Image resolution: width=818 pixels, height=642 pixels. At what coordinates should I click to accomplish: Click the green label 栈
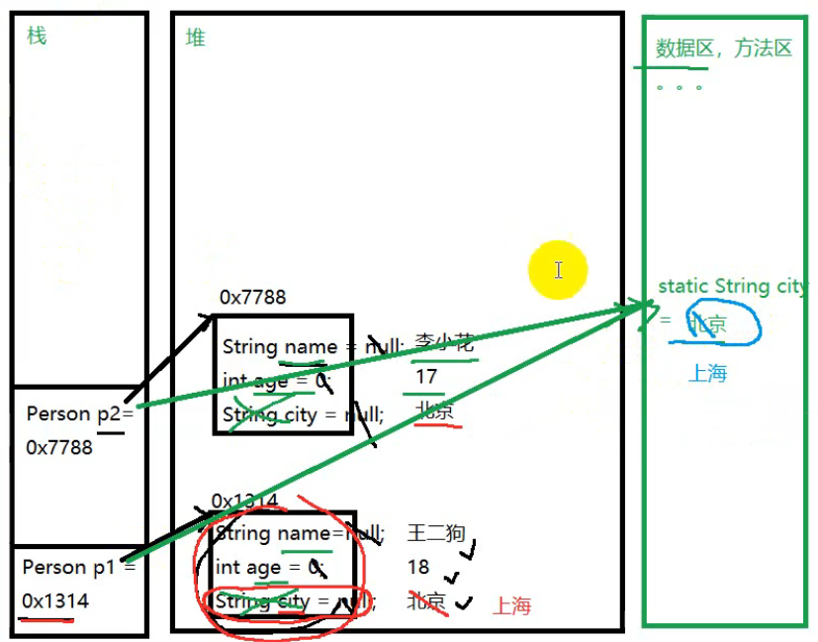tap(37, 38)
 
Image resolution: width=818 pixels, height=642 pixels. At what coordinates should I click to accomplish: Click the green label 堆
tap(196, 39)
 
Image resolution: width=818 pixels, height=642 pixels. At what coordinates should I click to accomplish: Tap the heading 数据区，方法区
tap(723, 48)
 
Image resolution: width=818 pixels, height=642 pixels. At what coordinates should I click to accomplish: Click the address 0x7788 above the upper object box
tap(252, 297)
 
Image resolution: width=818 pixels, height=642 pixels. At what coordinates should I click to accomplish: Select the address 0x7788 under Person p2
tap(59, 447)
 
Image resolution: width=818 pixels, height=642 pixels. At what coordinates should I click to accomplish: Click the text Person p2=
tap(79, 413)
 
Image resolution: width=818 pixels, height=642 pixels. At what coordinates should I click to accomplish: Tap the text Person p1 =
tap(78, 567)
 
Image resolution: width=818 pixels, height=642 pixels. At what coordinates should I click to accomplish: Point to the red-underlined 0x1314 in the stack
tap(55, 600)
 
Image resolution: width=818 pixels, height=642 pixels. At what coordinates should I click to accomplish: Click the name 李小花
tap(444, 344)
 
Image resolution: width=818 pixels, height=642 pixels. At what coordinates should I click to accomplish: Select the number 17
tap(426, 377)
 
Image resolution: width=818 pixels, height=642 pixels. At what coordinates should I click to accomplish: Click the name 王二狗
tap(436, 533)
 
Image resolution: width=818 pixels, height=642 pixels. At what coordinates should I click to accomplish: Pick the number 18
tap(418, 567)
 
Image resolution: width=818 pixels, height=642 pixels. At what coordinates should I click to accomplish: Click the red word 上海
tap(511, 606)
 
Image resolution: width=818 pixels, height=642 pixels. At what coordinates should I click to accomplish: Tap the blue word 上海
tap(707, 373)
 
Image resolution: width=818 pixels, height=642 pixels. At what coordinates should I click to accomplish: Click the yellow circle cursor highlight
tap(558, 269)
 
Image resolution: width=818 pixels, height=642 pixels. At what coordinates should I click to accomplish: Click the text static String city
tap(732, 286)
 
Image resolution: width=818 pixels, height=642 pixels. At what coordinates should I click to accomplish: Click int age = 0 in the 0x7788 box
tap(277, 381)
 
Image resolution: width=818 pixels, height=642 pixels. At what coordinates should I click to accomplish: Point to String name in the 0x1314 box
tap(273, 533)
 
